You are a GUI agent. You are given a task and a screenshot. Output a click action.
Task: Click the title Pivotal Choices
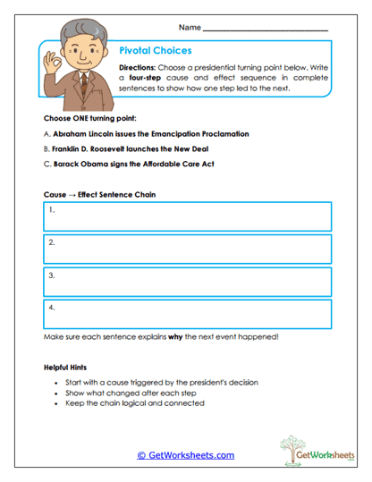click(x=155, y=51)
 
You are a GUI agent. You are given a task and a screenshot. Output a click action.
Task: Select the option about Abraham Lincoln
click(x=146, y=133)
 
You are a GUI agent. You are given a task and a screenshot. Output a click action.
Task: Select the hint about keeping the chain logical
click(x=135, y=403)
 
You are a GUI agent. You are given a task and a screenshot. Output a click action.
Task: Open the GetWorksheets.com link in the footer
click(x=185, y=455)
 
